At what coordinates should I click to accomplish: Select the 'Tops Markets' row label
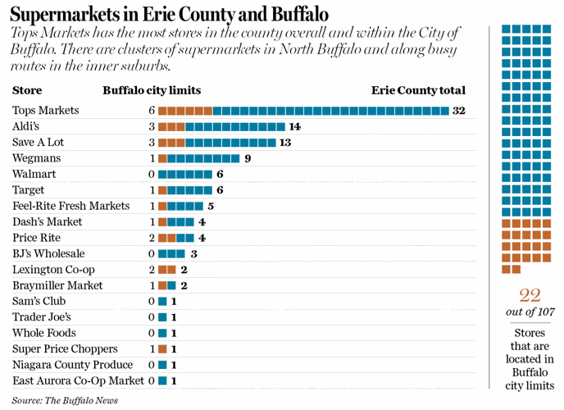tap(46, 110)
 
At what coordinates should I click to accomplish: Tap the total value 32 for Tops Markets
tap(459, 110)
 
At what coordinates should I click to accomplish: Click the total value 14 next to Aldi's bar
tap(295, 126)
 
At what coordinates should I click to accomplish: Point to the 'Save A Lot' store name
tap(39, 142)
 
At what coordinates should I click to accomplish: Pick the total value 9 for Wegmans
tap(247, 158)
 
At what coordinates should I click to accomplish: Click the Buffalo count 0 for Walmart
tap(152, 174)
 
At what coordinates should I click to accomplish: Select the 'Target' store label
tap(29, 189)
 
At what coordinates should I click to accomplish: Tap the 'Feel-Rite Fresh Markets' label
tap(71, 206)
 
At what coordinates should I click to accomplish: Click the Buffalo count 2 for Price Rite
tap(152, 238)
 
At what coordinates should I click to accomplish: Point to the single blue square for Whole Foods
tap(162, 333)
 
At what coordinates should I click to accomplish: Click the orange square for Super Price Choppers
tap(162, 349)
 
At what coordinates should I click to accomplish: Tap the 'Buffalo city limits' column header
tap(152, 91)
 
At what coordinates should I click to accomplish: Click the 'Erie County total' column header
tap(418, 91)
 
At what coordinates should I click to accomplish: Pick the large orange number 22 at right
tap(530, 296)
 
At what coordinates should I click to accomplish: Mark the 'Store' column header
tap(27, 91)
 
